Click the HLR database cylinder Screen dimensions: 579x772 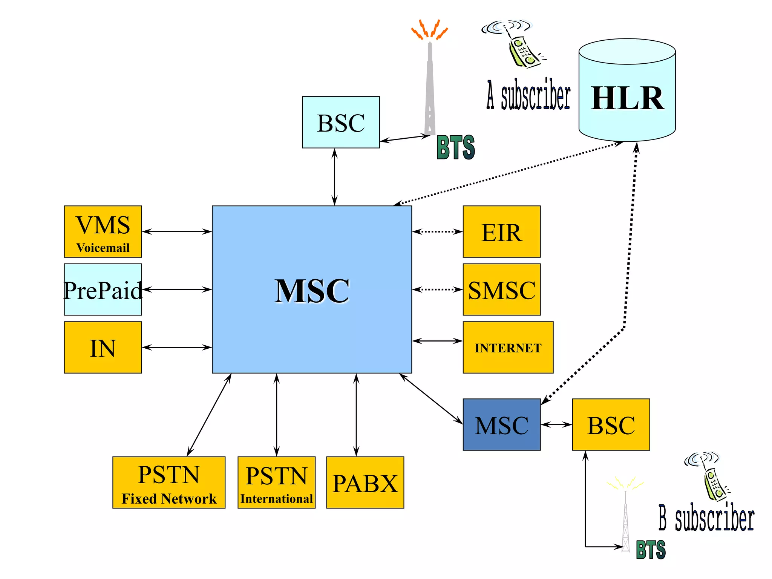click(x=627, y=90)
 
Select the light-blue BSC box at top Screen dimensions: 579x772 click(x=341, y=122)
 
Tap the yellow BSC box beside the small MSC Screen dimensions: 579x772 click(x=611, y=424)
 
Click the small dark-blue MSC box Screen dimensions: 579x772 click(x=501, y=424)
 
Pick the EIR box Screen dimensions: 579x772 click(x=501, y=231)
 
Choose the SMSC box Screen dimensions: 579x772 click(x=501, y=289)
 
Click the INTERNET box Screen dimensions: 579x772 click(x=508, y=347)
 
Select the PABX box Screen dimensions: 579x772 click(x=365, y=482)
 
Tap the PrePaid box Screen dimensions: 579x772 click(x=103, y=289)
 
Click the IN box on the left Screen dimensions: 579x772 click(x=103, y=347)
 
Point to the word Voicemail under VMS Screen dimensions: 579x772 click(x=103, y=248)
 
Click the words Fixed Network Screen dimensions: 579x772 click(x=169, y=499)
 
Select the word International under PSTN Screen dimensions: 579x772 click(x=276, y=499)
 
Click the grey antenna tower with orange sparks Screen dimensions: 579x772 click(x=430, y=87)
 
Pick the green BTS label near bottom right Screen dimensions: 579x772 click(x=651, y=550)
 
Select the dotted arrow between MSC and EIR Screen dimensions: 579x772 click(x=437, y=231)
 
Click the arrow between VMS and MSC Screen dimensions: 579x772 click(x=176, y=231)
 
